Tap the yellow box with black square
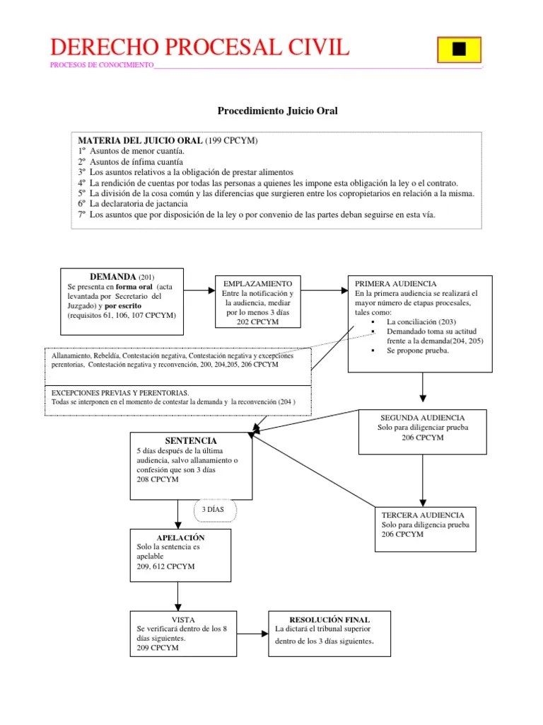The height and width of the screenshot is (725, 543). tap(459, 48)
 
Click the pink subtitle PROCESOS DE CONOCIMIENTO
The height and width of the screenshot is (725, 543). tap(102, 65)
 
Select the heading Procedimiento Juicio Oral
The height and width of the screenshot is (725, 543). tap(277, 110)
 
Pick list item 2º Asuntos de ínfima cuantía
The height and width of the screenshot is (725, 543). tap(130, 161)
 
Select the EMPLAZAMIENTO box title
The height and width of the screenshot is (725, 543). tap(257, 282)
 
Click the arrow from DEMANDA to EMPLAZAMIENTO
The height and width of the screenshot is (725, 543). tap(199, 290)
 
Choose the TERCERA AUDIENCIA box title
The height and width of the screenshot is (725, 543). tap(423, 515)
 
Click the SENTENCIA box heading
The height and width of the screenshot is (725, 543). tap(180, 440)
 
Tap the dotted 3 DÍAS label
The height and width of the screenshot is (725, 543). tap(213, 509)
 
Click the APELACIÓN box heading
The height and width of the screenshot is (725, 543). tap(180, 537)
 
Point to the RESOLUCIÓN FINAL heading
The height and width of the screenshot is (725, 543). tap(329, 619)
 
